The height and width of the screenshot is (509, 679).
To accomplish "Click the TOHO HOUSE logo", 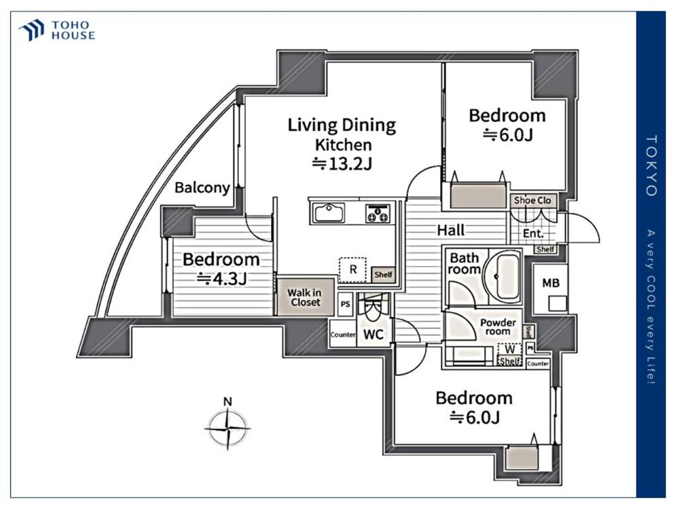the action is tap(57, 31).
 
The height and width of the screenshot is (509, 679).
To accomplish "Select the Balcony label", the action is tap(202, 188).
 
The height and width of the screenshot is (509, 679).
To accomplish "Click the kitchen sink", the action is tap(329, 213).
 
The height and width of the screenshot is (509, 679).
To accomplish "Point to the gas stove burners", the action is tap(378, 213).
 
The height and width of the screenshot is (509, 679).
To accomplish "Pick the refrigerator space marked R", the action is tap(352, 269).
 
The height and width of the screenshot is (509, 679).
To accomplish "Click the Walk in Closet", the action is tap(306, 297).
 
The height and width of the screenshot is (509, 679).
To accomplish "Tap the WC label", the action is tap(373, 334).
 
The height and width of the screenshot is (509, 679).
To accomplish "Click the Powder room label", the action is tap(498, 327).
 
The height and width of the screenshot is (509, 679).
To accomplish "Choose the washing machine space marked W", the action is tap(510, 349).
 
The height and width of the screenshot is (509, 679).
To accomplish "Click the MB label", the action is tap(551, 283).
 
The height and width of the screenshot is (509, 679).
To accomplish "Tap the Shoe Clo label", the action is tap(532, 200).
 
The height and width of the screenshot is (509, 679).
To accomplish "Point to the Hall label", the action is tap(451, 230).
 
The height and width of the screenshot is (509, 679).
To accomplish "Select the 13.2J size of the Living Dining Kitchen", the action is tap(342, 164).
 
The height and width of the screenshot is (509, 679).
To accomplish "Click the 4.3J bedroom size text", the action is tap(222, 279).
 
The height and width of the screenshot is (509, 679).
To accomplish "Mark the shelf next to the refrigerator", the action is tap(383, 274).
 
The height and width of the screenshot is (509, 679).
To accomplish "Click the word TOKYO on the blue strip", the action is tap(651, 166).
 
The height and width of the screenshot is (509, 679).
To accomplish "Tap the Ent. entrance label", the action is tap(533, 233).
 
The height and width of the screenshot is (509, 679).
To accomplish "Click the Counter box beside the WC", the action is tap(343, 334).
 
